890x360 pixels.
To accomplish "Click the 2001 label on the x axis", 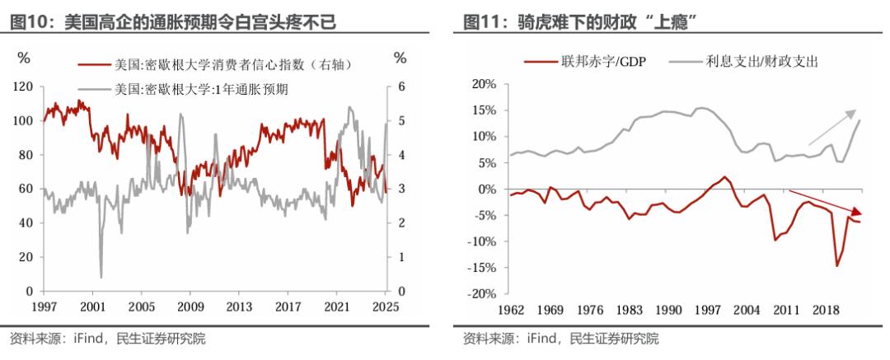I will point(93,307).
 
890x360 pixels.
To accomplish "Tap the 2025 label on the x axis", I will point(384,307).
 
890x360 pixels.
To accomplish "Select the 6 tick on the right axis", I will point(402,86).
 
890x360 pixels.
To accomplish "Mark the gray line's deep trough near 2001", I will point(101,277).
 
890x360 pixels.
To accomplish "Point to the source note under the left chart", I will point(107,339).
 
